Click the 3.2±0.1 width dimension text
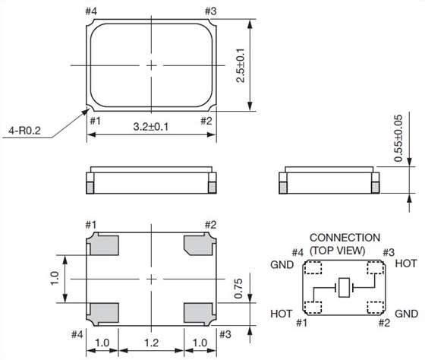[x=151, y=126]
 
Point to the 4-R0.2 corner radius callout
[x=27, y=132]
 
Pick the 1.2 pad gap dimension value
[x=152, y=343]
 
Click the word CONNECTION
[x=345, y=238]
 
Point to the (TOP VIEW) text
[x=338, y=250]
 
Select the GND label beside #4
[x=283, y=267]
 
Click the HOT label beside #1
[x=282, y=313]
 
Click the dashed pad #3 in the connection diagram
[x=374, y=267]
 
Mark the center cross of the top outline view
[x=152, y=65]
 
